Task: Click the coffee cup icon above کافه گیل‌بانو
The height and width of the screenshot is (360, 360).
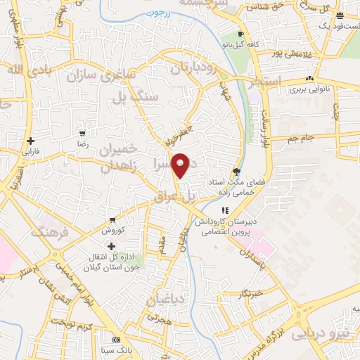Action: coord(240,34)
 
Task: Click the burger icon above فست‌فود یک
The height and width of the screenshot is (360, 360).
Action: coord(340,16)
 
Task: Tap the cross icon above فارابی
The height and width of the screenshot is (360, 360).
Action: coord(30,141)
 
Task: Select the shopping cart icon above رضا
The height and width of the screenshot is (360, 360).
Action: coord(84,133)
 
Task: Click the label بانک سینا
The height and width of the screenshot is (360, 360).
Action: coord(115,349)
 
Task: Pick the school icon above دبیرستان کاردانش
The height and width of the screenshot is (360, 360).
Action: coord(224,210)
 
